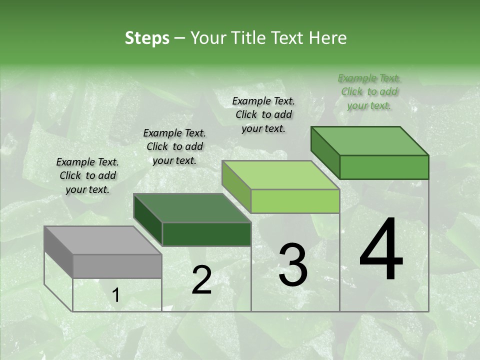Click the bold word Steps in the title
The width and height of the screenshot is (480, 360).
(147, 38)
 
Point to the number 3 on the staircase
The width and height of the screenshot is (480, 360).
(293, 265)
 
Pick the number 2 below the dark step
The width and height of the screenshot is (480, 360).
(201, 280)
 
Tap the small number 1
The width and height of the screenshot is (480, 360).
(115, 296)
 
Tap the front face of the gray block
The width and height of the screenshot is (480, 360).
(117, 266)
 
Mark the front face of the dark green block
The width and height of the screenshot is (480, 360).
(206, 234)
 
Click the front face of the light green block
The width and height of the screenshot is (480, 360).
(295, 201)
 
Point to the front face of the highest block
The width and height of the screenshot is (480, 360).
(384, 167)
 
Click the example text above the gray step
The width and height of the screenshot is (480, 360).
(87, 175)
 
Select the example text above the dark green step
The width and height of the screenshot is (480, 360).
(174, 146)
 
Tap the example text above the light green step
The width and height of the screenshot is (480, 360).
(263, 114)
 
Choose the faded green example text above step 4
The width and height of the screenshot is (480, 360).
(369, 91)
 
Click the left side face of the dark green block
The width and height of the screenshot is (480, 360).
(147, 219)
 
